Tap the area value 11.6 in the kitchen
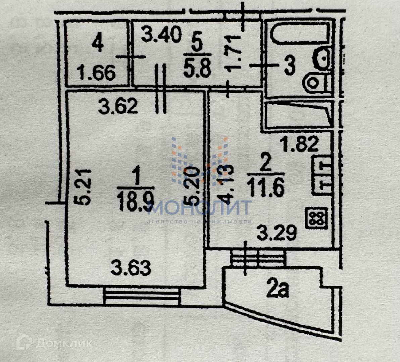(266, 188)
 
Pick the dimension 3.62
(118, 107)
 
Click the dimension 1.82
(299, 144)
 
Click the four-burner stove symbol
(316, 218)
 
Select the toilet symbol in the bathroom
(316, 82)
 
